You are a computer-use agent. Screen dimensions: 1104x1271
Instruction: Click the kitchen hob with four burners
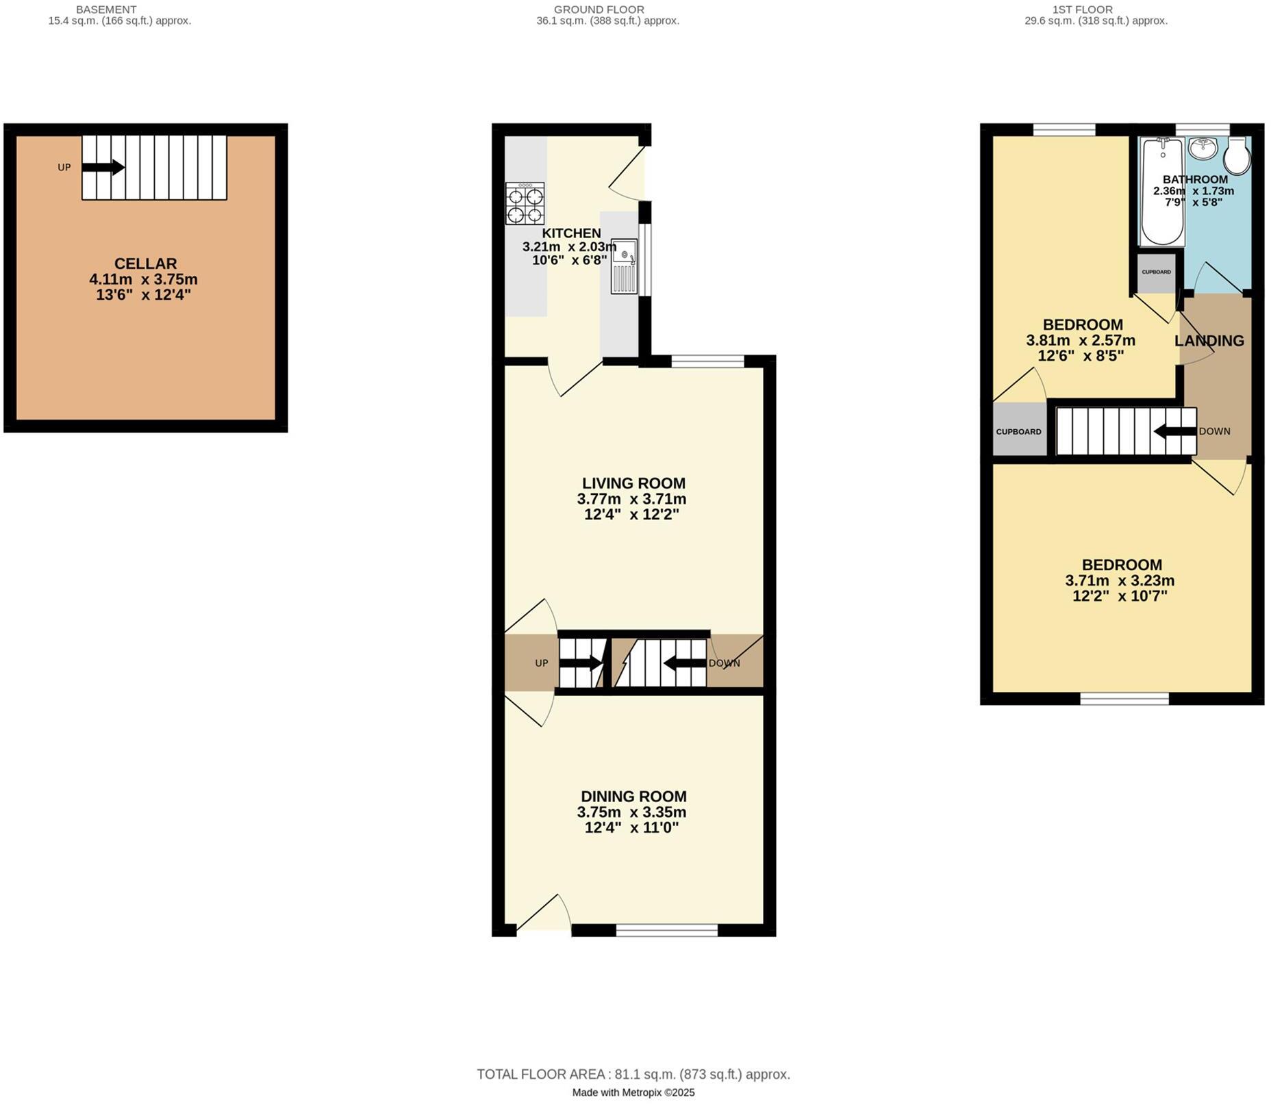525,203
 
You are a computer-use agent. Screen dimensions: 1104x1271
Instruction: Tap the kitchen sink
624,266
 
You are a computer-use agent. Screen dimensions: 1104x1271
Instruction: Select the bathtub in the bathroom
1162,192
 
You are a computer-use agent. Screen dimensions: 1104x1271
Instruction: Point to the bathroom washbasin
1202,147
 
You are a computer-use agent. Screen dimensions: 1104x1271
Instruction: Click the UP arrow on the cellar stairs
103,167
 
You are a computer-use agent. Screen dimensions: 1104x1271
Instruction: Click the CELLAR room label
145,264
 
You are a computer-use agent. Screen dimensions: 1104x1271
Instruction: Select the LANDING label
1209,341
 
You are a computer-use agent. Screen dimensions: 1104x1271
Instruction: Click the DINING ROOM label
633,797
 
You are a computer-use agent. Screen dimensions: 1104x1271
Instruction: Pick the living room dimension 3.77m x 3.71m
631,500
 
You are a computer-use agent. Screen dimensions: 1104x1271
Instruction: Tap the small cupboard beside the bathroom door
1157,272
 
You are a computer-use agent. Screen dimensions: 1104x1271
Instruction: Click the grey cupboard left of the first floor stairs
1019,431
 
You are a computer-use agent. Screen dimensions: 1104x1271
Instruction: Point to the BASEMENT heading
106,10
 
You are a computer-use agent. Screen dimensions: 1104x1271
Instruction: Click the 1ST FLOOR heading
1083,10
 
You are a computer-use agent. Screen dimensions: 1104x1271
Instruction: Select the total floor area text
633,1075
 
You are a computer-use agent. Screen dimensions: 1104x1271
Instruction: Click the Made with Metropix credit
633,1093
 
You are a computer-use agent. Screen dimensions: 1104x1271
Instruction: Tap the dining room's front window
666,929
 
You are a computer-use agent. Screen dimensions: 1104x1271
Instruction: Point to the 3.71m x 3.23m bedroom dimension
1120,581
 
